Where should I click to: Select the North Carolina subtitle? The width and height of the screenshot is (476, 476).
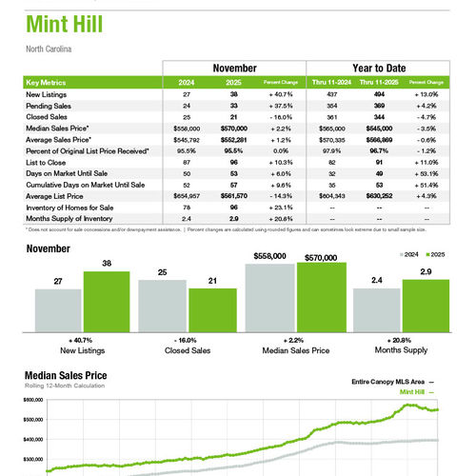49,49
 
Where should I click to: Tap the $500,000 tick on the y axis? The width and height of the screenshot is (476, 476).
33,420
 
